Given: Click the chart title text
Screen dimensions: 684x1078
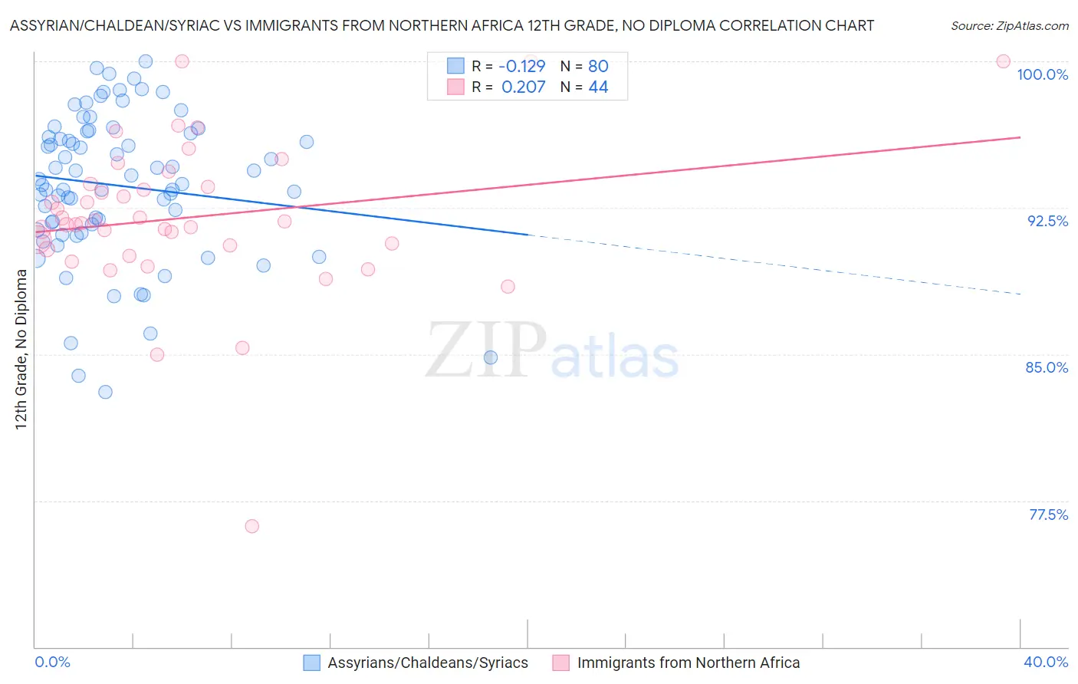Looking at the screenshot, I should (x=442, y=25).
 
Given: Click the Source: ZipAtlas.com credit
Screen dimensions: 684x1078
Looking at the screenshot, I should (x=1009, y=25).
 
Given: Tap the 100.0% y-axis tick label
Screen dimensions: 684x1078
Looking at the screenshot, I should (x=1042, y=74).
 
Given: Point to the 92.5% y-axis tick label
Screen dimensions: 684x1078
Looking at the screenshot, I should (x=1047, y=221).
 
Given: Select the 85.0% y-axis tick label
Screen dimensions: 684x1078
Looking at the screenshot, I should (x=1047, y=367).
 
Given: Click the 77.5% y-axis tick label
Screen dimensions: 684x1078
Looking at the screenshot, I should (x=1048, y=515).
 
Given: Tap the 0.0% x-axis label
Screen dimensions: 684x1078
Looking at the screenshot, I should (x=53, y=662).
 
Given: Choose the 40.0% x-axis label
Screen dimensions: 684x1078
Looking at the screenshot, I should (x=1046, y=662).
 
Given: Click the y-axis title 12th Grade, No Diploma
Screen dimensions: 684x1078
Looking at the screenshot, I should (x=21, y=349).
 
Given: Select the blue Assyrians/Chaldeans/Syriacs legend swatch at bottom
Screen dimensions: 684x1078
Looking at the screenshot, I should (x=311, y=663).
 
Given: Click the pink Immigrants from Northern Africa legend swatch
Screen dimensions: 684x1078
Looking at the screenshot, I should (x=561, y=663).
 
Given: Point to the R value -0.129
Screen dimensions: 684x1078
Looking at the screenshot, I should (x=521, y=66).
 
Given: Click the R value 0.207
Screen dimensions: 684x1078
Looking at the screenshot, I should (x=524, y=87).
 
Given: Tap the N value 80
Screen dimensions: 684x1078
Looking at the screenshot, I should (x=598, y=66).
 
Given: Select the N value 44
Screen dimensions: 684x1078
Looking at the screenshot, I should (x=598, y=87).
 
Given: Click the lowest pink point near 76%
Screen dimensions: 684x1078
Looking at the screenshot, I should (x=251, y=526).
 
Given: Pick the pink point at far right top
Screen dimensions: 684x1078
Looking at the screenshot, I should (x=1003, y=61).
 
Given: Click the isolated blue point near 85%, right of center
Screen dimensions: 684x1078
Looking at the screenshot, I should (x=491, y=357).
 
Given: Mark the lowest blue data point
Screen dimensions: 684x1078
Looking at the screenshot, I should (x=105, y=392).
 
